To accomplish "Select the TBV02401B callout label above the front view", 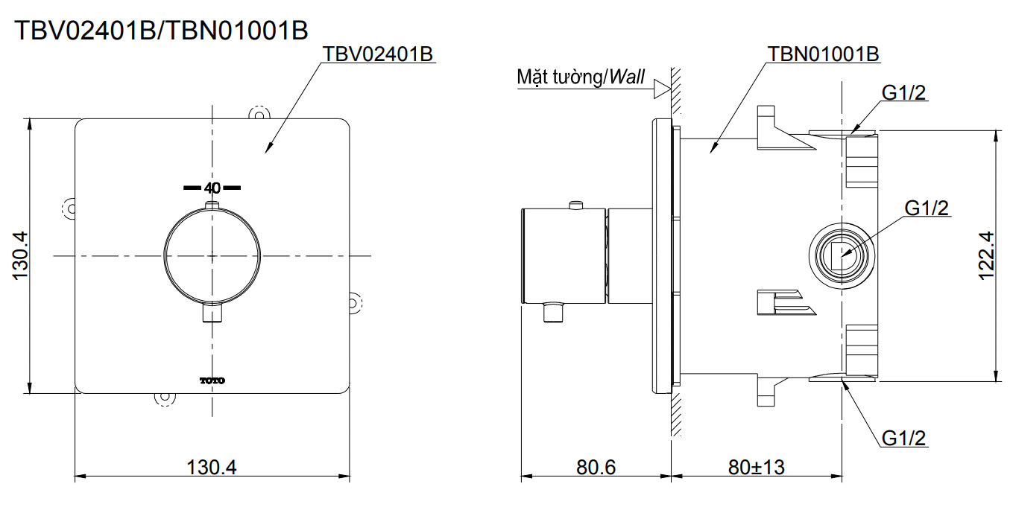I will coord(379,55).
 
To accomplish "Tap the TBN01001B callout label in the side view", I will coord(824,54).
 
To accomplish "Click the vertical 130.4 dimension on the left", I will coord(20,255).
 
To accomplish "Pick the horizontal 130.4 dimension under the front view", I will coord(212,467).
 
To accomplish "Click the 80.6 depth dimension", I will coord(596,467).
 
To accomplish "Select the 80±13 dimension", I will coord(757,467).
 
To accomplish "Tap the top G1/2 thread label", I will coord(904,92).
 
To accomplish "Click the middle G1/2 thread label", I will coord(927,208).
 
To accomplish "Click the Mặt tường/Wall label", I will coord(581,77).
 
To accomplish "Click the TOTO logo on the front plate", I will coord(212,380).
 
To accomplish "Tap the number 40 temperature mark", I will coord(212,188).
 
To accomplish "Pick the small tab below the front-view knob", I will coord(212,313).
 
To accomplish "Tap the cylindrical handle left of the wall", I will coord(564,256).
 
